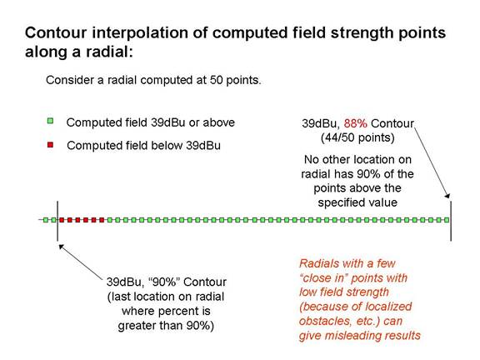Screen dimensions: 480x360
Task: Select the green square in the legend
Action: click(x=50, y=121)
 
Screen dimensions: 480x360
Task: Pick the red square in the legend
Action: click(x=50, y=144)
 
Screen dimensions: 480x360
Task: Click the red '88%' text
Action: click(x=355, y=123)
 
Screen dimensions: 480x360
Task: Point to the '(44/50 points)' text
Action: click(x=357, y=137)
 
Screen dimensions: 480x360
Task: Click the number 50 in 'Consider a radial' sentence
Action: click(x=216, y=80)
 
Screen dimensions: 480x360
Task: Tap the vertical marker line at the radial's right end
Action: click(x=451, y=221)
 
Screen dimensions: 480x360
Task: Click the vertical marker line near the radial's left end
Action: click(x=57, y=221)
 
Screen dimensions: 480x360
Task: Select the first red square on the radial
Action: click(x=62, y=220)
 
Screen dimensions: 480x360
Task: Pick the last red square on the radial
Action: click(x=102, y=220)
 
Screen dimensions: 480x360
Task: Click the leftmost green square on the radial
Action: click(x=46, y=220)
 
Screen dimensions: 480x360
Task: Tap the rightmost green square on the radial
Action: click(x=447, y=220)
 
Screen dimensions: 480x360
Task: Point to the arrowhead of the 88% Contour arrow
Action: click(x=447, y=196)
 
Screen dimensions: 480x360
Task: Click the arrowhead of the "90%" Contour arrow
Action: click(x=61, y=247)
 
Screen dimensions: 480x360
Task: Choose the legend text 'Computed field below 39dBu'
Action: click(x=143, y=145)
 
